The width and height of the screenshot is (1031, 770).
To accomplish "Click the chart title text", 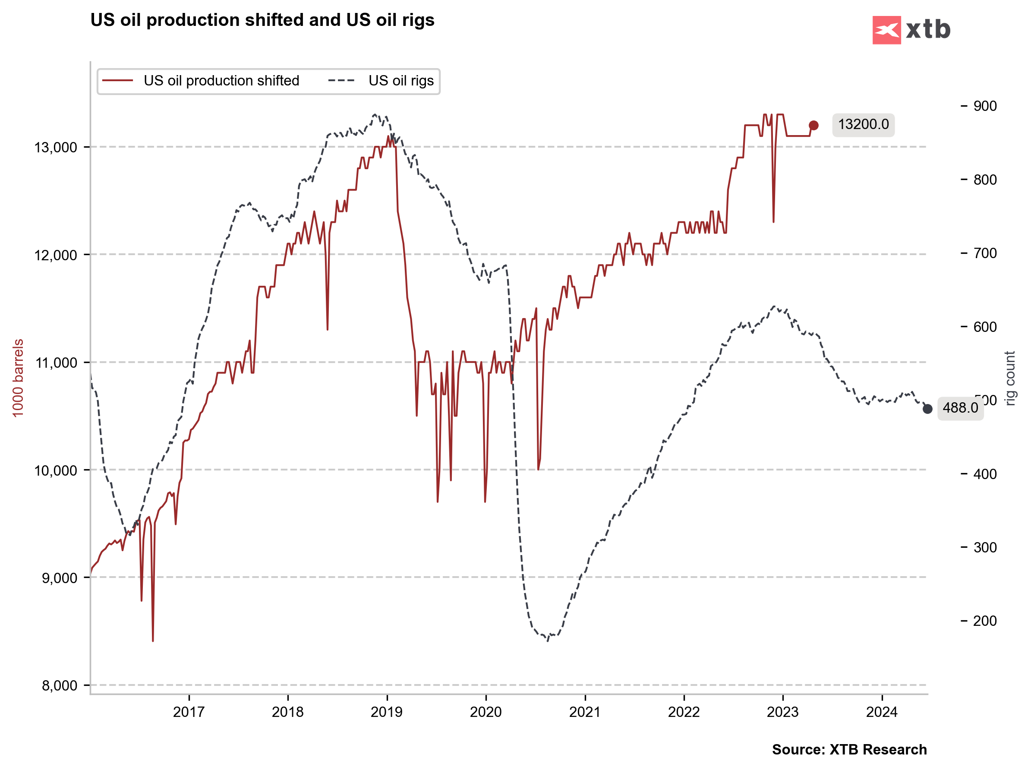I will pos(262,20).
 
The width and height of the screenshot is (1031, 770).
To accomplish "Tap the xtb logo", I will pos(911,30).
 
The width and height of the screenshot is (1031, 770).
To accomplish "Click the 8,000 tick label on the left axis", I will pos(59,686).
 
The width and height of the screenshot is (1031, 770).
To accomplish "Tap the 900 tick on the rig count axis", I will pos(984,106).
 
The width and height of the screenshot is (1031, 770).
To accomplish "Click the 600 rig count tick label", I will pos(984,327).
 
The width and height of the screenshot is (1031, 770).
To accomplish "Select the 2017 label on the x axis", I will pos(189,712).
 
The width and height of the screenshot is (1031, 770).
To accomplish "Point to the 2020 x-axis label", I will pos(486,712).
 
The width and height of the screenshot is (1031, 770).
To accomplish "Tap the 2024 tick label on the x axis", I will pos(881,712).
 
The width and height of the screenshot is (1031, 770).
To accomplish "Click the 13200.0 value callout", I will pos(863,124).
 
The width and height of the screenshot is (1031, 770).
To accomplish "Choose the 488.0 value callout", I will pos(960,408).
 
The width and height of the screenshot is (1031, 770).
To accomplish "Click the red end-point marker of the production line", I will pos(813,125).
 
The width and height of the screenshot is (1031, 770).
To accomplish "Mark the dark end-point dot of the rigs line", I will pos(927,409).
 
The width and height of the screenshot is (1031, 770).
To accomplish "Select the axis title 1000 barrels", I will pos(18,378).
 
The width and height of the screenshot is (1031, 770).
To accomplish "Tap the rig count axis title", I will pos(1009,378).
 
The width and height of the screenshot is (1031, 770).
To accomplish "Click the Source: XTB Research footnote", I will pos(849,749).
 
